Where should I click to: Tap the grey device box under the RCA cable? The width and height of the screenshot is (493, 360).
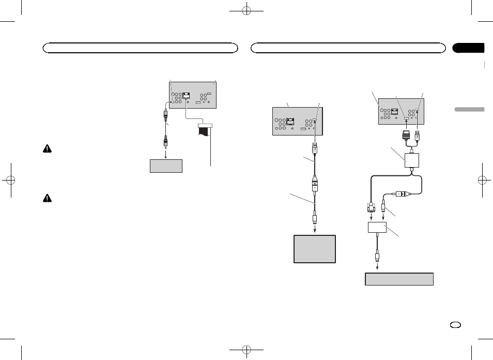tap(166, 166)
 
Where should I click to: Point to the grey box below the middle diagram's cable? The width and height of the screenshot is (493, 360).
tap(315, 249)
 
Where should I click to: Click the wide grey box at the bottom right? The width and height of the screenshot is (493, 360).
tap(399, 279)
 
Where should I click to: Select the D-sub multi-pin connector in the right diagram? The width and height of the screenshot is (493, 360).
tap(370, 208)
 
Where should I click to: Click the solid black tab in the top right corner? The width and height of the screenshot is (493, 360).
tap(468, 48)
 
